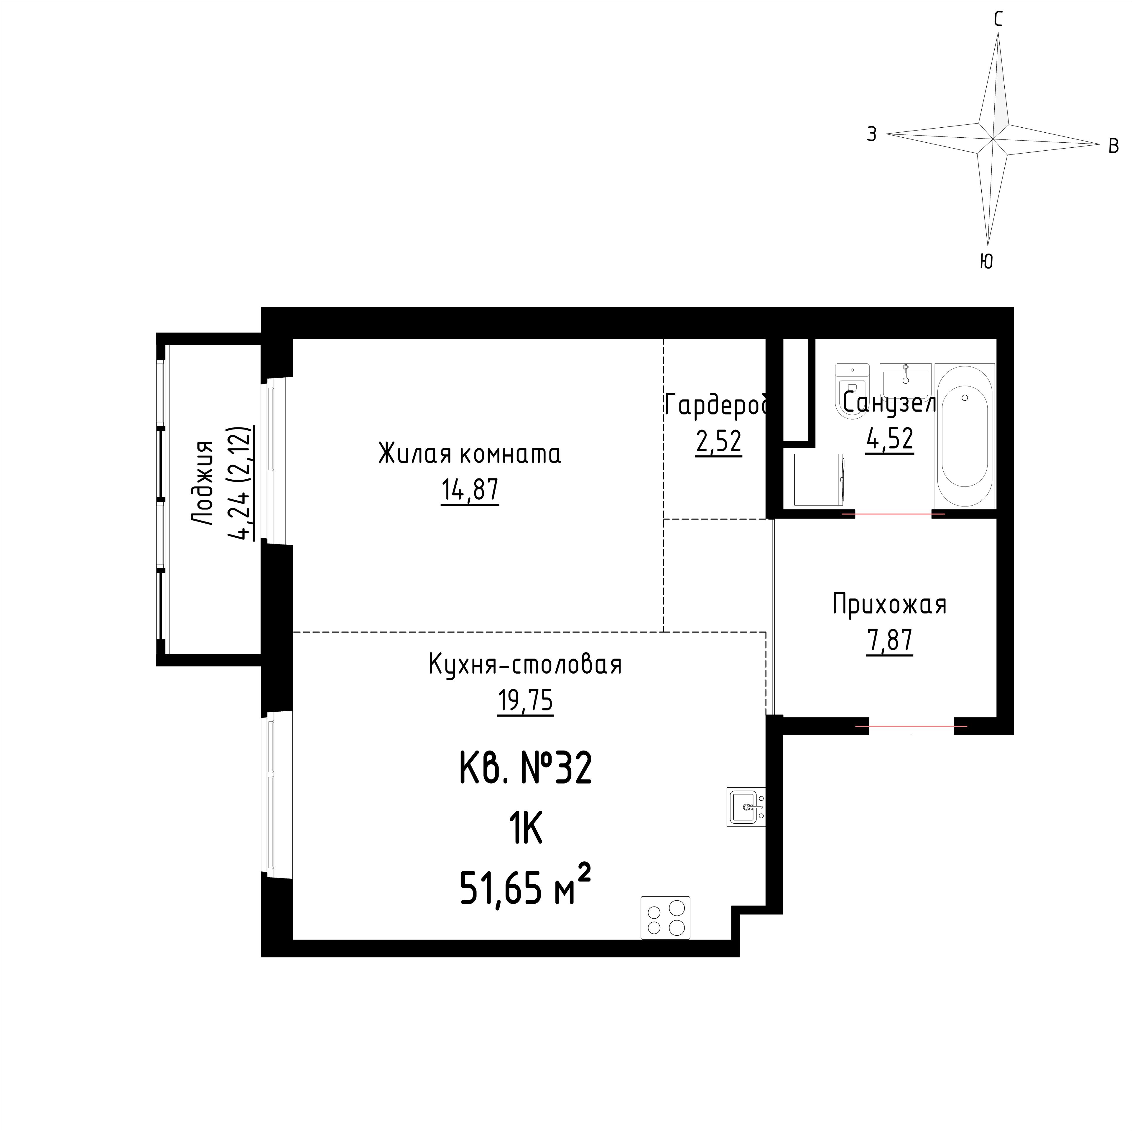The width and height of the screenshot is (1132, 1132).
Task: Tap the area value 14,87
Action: (x=470, y=491)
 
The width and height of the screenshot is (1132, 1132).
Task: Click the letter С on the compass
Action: (x=998, y=20)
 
